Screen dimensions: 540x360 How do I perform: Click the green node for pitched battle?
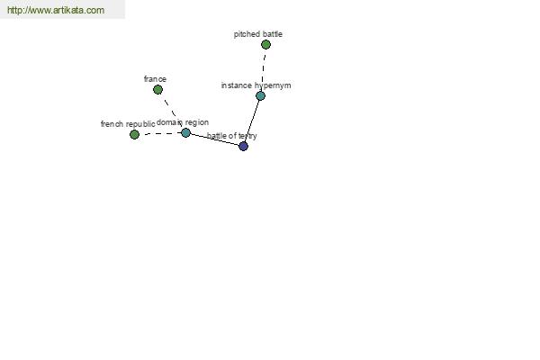(x=265, y=44)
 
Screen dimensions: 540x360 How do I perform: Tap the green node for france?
(x=157, y=90)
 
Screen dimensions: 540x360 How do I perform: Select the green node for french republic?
(x=134, y=134)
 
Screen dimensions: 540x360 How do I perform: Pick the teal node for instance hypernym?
(x=261, y=95)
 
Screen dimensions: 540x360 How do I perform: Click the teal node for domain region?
(x=185, y=132)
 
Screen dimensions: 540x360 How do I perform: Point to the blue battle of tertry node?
(x=244, y=146)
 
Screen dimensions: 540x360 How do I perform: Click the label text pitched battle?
(x=258, y=34)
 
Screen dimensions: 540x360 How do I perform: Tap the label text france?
(x=155, y=79)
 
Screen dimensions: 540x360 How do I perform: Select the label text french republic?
(x=128, y=124)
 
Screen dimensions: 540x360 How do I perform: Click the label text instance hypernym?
(x=256, y=85)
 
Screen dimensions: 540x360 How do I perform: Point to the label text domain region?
(x=183, y=122)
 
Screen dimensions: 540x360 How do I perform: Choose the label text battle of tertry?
(x=232, y=136)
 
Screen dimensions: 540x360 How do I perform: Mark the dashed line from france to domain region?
(x=172, y=111)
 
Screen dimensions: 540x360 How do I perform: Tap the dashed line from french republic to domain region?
(x=160, y=134)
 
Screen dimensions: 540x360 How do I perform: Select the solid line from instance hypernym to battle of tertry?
(x=252, y=121)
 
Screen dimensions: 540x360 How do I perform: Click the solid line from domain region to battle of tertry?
(x=214, y=139)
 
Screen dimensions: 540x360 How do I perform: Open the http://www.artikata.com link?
(x=56, y=10)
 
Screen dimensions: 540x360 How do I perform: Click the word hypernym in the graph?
(x=273, y=85)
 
